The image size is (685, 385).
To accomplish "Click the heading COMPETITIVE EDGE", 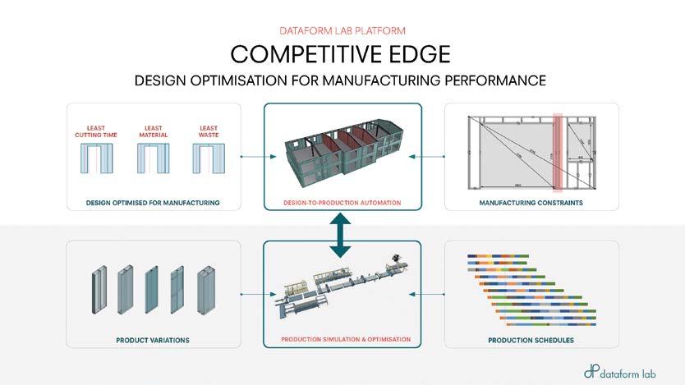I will click(x=342, y=53).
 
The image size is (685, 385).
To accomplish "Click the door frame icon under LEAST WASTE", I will click(x=208, y=158).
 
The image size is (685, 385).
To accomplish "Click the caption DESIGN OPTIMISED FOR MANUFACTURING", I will click(x=154, y=202).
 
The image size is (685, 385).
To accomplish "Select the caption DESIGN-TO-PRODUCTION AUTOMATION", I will click(x=342, y=202).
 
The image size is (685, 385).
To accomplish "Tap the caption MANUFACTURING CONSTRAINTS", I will click(x=531, y=202).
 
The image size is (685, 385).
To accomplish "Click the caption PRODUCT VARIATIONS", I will click(x=154, y=340).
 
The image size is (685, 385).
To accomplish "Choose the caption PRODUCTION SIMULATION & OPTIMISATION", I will click(x=342, y=340).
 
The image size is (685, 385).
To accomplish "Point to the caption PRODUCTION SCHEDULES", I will click(x=531, y=340).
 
